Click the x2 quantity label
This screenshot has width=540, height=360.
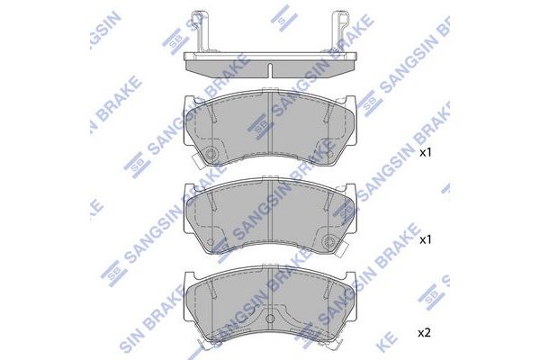coord(424,333)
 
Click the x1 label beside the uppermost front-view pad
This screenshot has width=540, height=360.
coord(426,153)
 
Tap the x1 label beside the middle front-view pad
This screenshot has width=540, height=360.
coord(426,240)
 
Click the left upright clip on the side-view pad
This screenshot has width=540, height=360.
coord(201,31)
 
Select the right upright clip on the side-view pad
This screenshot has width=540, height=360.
coord(340,31)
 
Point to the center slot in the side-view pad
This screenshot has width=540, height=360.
coord(271,70)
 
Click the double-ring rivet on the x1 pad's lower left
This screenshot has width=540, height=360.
coord(211,154)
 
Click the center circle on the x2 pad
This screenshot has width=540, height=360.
coord(271,318)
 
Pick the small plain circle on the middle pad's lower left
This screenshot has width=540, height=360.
coord(211,241)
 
